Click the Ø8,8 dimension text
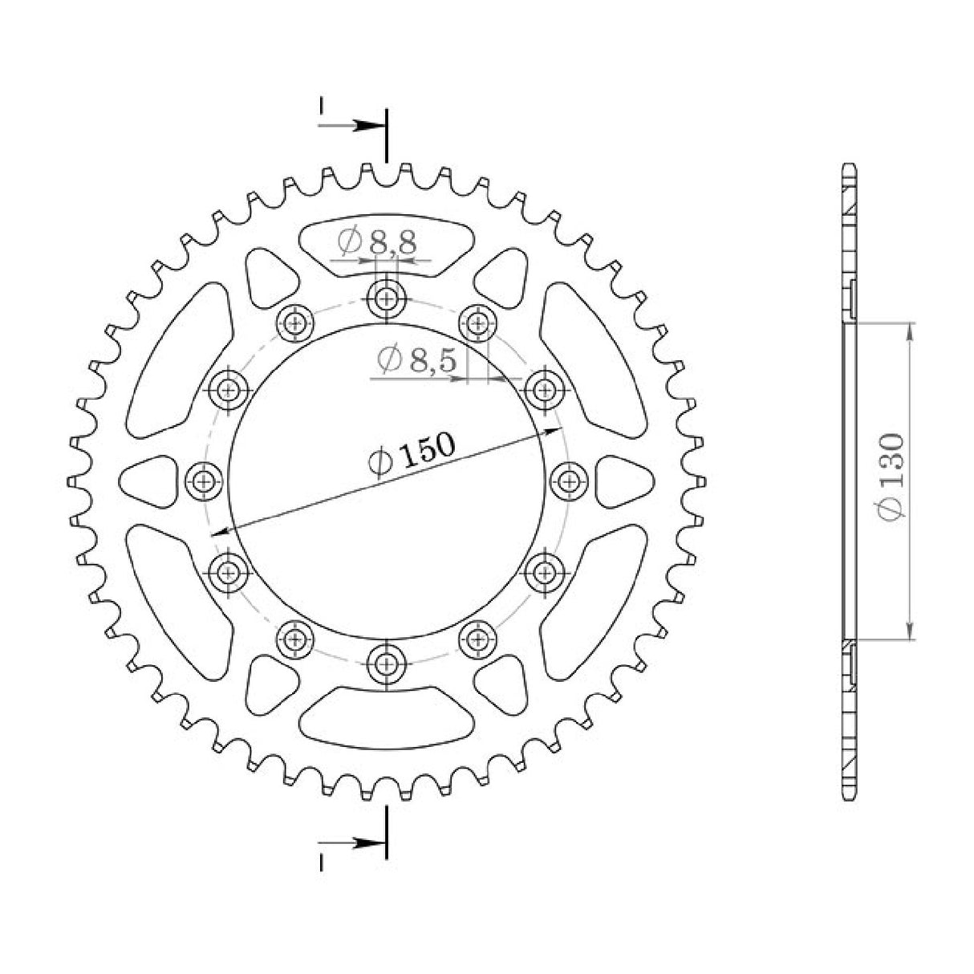[x=377, y=240]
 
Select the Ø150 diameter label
[x=411, y=455]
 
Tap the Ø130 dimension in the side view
[x=891, y=478]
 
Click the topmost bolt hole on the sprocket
[x=388, y=299]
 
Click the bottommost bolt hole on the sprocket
[x=388, y=663]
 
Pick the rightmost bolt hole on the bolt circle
[x=570, y=481]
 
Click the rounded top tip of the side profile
[x=851, y=166]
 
